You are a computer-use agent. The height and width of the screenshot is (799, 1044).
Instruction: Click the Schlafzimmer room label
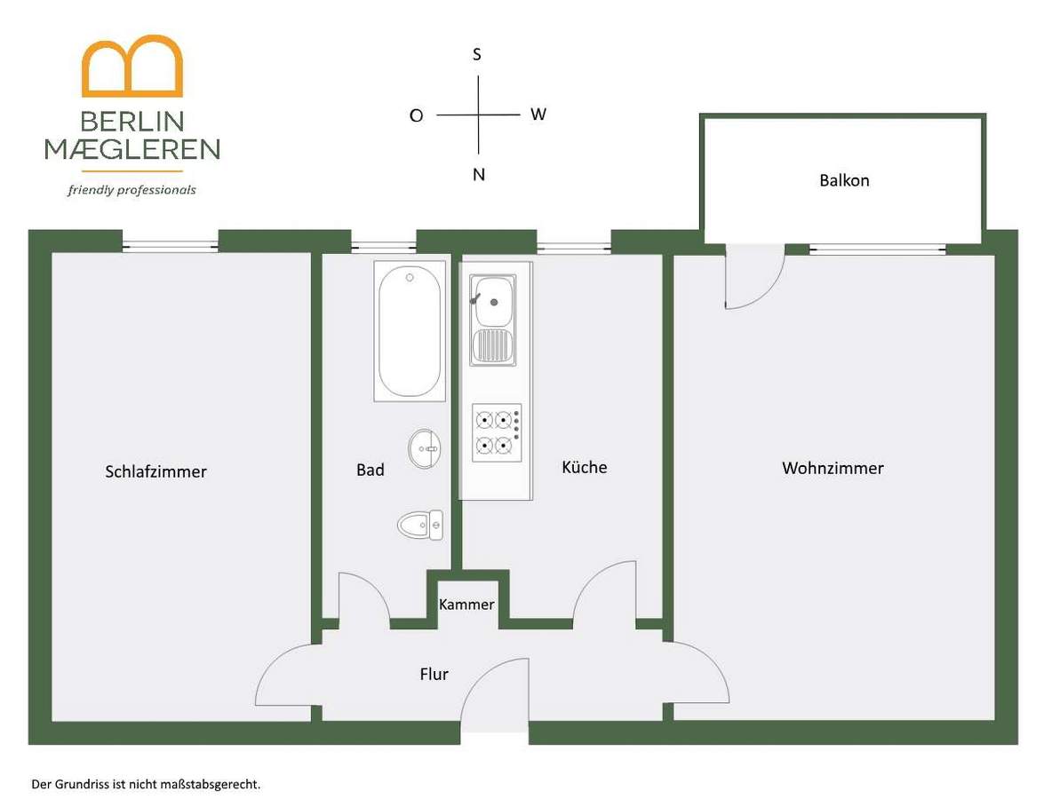click(x=155, y=471)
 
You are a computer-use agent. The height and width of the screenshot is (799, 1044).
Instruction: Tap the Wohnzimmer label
click(x=833, y=468)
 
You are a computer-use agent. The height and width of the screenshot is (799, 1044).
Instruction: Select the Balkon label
click(x=844, y=180)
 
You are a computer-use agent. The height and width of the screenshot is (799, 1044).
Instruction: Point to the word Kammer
click(x=466, y=604)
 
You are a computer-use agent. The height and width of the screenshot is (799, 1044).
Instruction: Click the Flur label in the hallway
click(x=434, y=674)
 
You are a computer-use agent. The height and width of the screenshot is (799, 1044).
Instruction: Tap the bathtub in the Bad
click(x=410, y=331)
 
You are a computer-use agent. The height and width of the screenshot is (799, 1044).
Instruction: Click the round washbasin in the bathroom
click(x=424, y=448)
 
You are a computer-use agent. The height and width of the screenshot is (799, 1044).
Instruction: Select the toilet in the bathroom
click(x=420, y=525)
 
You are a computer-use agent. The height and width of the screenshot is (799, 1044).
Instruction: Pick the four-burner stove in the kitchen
click(x=497, y=432)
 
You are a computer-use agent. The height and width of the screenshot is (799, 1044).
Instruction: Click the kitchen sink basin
click(x=493, y=301)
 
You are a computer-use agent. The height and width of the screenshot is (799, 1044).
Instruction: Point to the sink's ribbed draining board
click(x=493, y=345)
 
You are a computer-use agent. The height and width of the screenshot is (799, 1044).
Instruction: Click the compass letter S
click(x=477, y=54)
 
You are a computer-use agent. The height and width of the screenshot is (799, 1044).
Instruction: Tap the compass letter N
click(x=479, y=174)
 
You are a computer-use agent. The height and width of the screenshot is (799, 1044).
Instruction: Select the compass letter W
click(x=538, y=115)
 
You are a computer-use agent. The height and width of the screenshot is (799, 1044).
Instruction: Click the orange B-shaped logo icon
click(x=131, y=65)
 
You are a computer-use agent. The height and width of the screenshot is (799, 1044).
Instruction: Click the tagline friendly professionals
click(x=131, y=190)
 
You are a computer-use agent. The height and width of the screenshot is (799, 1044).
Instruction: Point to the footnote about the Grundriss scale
click(x=146, y=785)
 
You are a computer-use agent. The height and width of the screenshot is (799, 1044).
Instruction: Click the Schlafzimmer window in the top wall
click(x=171, y=246)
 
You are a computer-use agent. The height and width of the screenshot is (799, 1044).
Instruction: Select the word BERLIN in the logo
click(x=131, y=122)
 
